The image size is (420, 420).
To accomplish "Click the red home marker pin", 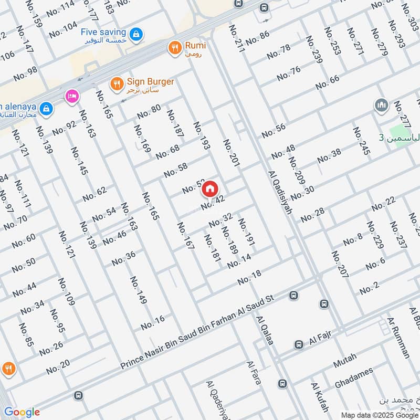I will pos(210,188).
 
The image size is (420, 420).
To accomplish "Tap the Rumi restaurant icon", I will pos(174,48).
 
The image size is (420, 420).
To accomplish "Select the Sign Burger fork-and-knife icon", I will pos(117,83).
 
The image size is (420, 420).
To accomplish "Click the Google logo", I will pos(22,412).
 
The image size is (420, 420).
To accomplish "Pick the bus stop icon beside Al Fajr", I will pos(298,345).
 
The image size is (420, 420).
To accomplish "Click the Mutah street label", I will pos(345,361).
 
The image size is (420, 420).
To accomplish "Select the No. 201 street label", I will pos(231,154).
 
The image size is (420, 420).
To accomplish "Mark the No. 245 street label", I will pos(361,142).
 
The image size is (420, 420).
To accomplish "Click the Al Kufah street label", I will pos(319,397).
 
